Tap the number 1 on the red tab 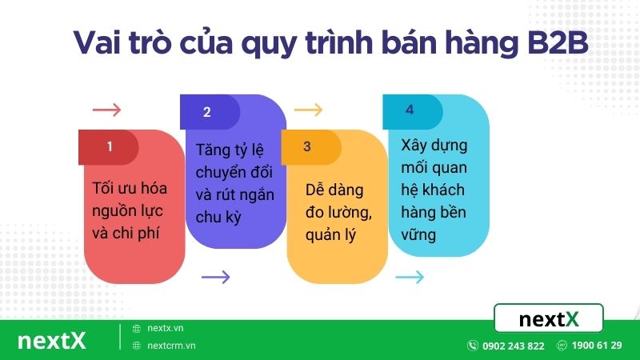(x=110, y=146)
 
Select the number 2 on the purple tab (x=206, y=112)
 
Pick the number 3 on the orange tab (x=307, y=146)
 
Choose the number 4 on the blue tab (x=410, y=110)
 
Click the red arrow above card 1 (x=106, y=110)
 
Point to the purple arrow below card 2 (x=215, y=278)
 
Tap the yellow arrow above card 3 (x=308, y=110)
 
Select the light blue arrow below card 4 (x=410, y=278)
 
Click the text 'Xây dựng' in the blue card (x=434, y=146)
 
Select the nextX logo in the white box (x=548, y=319)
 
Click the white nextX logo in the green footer (x=51, y=342)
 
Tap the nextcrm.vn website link (x=171, y=346)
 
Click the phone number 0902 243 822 (x=513, y=346)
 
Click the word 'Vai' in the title (x=102, y=42)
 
